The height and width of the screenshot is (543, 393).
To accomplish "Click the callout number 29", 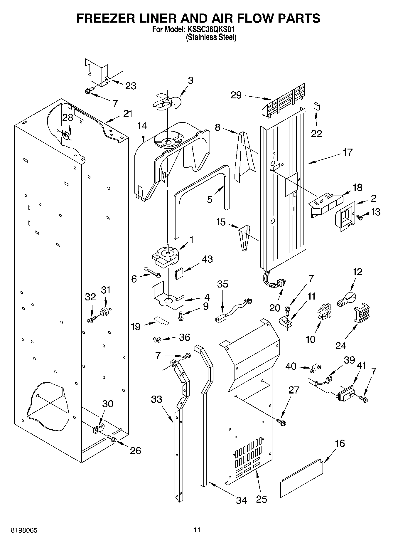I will coord(236,95).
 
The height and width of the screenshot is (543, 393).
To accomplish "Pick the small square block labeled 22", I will coord(316,106).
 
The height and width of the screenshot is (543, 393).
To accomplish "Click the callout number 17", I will coord(347,152).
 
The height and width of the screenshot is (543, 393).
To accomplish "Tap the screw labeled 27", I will coord(281,422).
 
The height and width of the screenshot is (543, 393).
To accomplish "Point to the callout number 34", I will coord(242,500).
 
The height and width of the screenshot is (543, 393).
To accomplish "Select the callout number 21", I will coord(128,114).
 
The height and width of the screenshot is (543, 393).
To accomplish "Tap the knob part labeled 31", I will coord(104,312).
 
